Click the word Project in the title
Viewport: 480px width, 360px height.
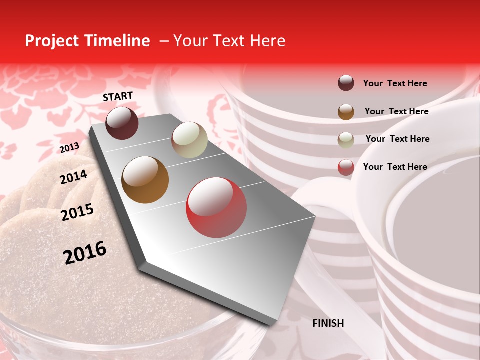click(51, 41)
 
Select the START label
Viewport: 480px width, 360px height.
click(118, 96)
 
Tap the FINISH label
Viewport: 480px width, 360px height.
click(328, 323)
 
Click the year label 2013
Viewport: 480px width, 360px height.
click(69, 148)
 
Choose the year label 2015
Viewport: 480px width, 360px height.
click(77, 212)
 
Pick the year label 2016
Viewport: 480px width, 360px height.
click(85, 253)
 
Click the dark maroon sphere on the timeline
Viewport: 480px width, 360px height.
click(122, 123)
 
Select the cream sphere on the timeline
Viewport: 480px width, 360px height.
click(189, 140)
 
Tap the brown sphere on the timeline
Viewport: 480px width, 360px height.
click(145, 180)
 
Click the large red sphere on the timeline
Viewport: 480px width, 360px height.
click(216, 207)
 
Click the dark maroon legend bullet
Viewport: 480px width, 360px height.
click(346, 83)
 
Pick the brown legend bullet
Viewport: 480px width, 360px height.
click(346, 111)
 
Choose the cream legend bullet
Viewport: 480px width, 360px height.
click(346, 139)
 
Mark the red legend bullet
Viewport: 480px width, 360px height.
click(346, 167)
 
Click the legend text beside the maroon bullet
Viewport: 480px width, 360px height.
click(395, 83)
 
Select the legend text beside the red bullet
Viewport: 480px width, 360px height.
click(395, 167)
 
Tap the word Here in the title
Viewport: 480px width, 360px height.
click(267, 41)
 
